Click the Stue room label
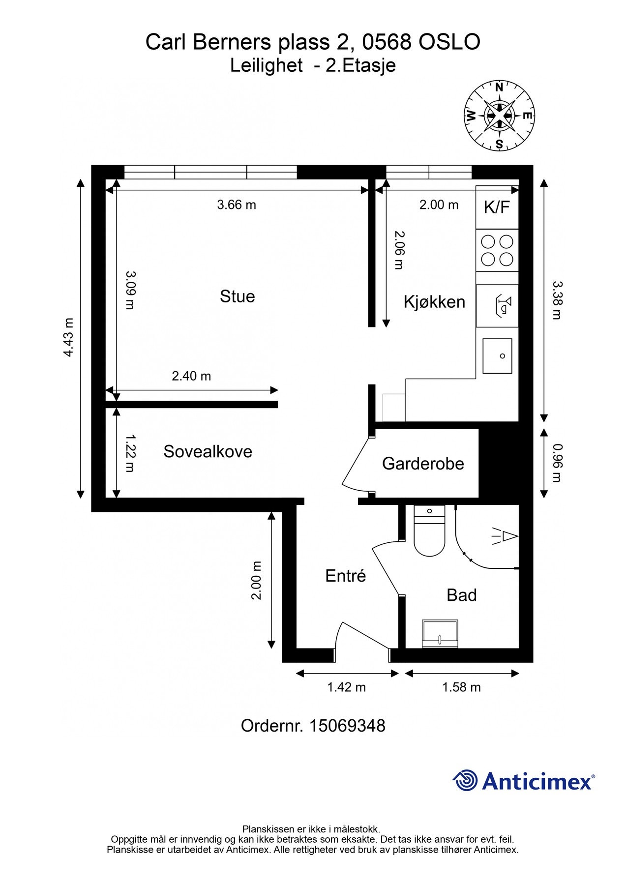[x=237, y=296]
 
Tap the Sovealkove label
[x=208, y=451]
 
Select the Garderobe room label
[x=423, y=464]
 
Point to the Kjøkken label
[x=434, y=301]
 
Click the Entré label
[x=346, y=575]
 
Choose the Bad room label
[x=461, y=595]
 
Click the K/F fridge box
[x=497, y=207]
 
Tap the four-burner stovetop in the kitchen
[x=497, y=250]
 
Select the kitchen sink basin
[x=497, y=355]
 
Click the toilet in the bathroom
[x=429, y=531]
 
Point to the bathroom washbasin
[x=440, y=633]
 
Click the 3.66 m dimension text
[x=237, y=205]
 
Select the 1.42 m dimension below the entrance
[x=347, y=687]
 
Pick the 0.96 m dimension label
[x=557, y=463]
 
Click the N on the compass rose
[x=499, y=88]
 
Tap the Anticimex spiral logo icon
[x=465, y=780]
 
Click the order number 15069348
[x=347, y=726]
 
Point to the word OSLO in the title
[x=449, y=43]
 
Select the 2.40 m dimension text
[x=191, y=376]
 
